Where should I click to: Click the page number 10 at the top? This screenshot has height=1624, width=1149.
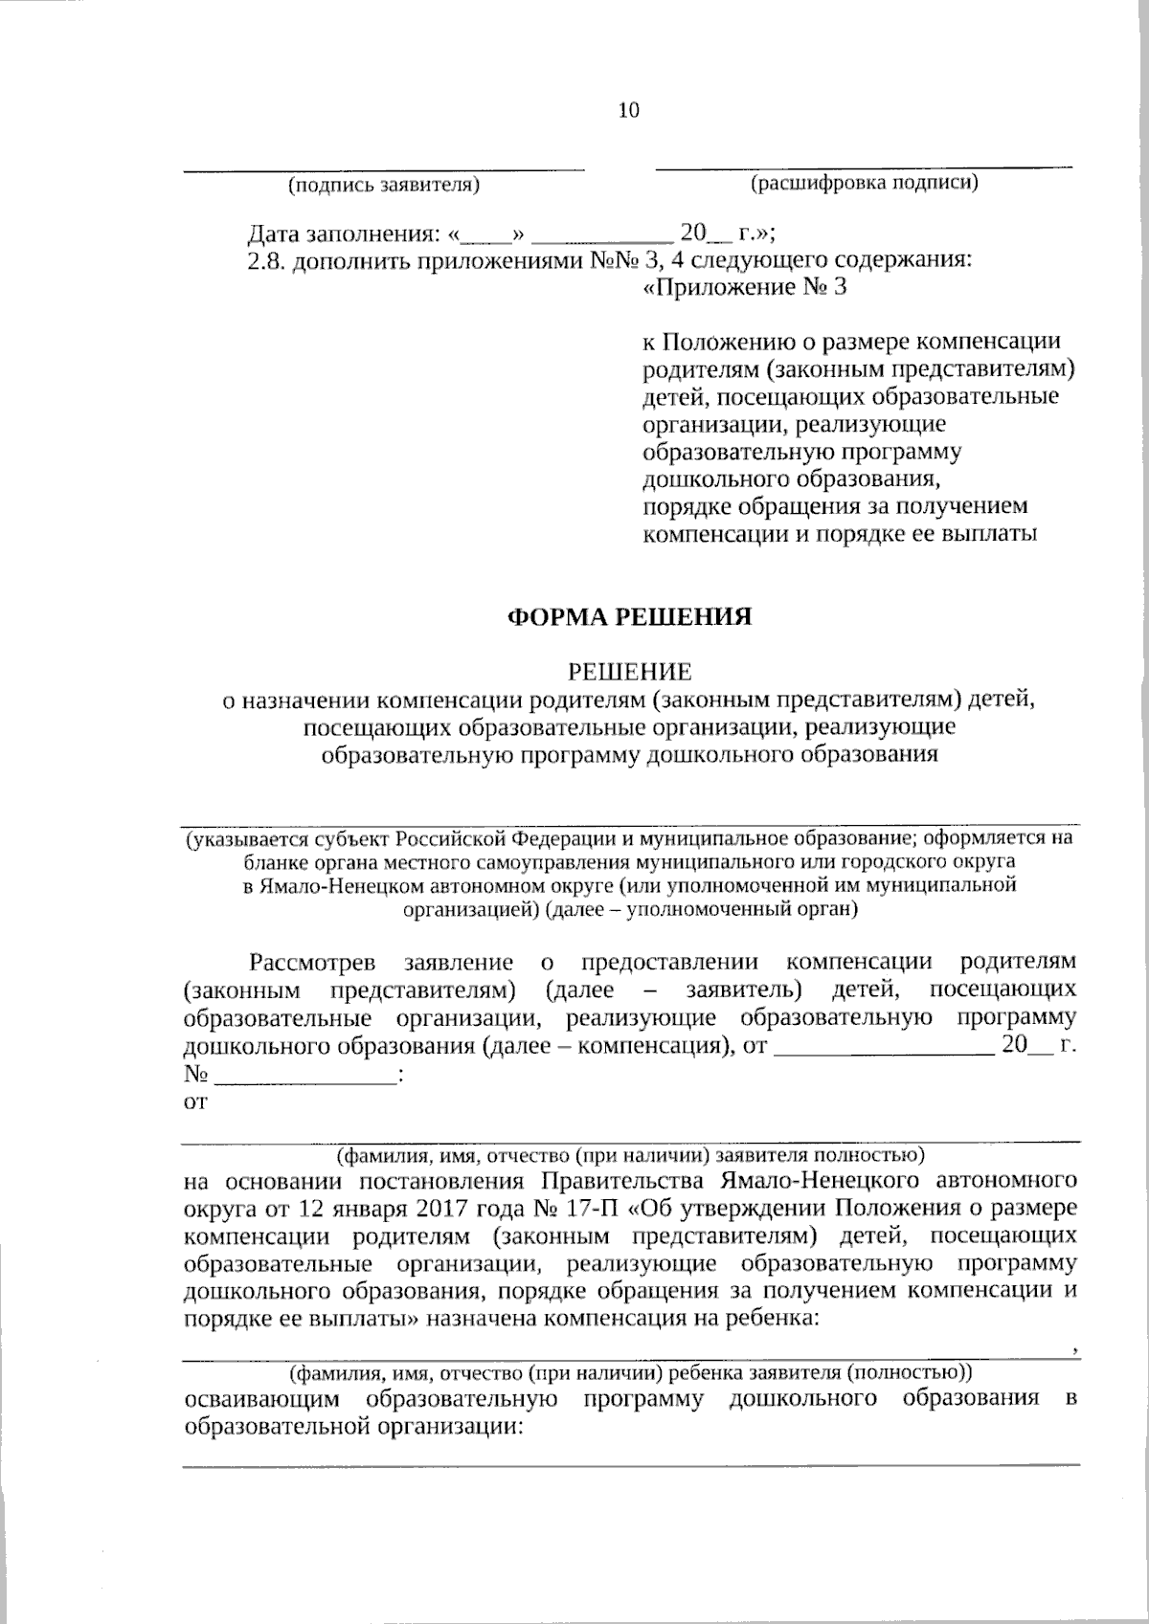[x=628, y=110]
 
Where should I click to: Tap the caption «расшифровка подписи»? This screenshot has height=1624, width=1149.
[x=864, y=183]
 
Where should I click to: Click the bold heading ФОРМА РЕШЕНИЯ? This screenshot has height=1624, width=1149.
[x=629, y=616]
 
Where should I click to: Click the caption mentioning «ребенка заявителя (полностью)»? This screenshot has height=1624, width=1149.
[x=629, y=1373]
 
